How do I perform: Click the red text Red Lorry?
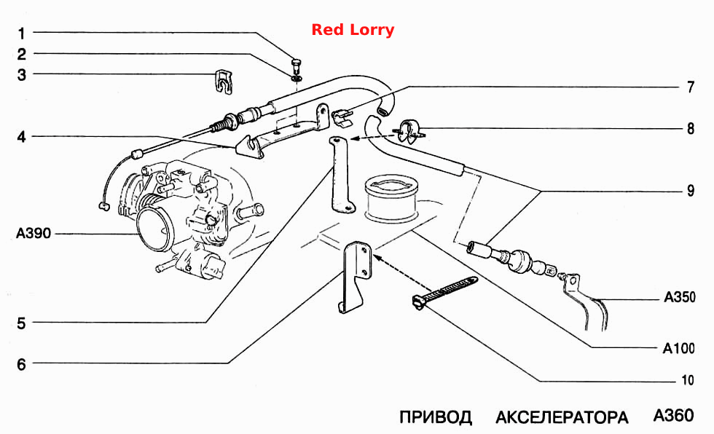[353, 30]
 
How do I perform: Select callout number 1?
[21, 33]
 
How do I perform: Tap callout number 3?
[21, 74]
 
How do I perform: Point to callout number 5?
[21, 323]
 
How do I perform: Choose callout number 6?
[21, 364]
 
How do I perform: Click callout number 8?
[691, 129]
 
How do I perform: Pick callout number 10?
[688, 380]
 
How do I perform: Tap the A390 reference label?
[34, 233]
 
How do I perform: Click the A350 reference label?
[680, 297]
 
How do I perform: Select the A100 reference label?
[678, 349]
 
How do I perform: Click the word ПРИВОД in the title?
[436, 417]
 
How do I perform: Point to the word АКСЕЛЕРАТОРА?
[562, 417]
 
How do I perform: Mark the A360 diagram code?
[673, 415]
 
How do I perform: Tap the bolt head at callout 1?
[297, 62]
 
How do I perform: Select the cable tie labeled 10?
[444, 293]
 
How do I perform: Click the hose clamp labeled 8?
[409, 131]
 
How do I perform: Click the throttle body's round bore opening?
[154, 229]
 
